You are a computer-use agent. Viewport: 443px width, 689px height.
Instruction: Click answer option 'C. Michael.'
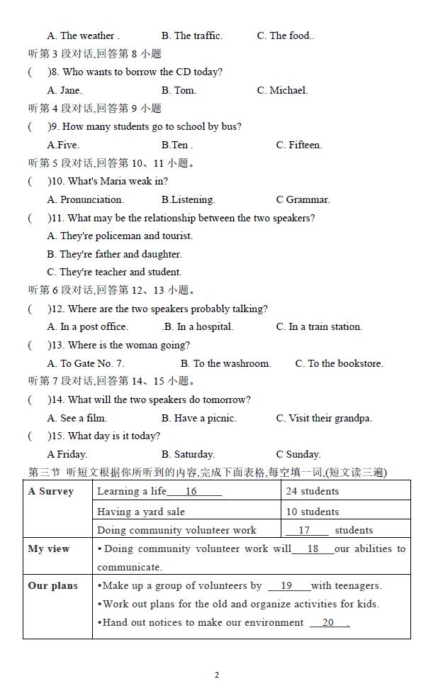[x=282, y=90]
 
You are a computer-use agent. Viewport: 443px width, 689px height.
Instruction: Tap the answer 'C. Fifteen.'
[x=298, y=145]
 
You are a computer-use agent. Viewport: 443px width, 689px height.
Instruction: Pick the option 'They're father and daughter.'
[x=114, y=254]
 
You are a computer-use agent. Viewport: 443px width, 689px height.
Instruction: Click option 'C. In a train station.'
[x=319, y=326]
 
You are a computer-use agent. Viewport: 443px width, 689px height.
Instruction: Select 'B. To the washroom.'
[x=225, y=363]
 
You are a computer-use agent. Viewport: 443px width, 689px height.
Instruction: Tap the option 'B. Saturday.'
[x=188, y=454]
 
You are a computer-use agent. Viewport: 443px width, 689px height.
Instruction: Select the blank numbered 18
[x=313, y=549]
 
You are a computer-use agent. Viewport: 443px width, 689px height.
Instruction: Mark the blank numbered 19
[x=288, y=585]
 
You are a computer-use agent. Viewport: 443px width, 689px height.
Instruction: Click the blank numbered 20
[x=329, y=622]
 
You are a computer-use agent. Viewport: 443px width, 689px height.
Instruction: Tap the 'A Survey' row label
[x=50, y=492]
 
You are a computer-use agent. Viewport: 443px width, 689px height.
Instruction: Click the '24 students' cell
[x=313, y=491]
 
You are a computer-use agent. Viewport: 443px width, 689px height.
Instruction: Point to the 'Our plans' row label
[x=52, y=585]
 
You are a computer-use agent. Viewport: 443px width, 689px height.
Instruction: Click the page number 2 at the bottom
[x=217, y=675]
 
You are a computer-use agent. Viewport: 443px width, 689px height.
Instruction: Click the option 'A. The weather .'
[x=83, y=35]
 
